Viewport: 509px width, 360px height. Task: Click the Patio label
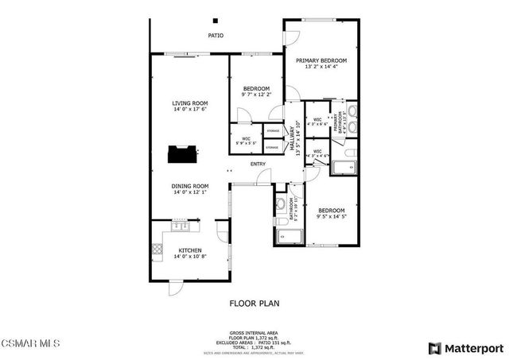click(x=216, y=36)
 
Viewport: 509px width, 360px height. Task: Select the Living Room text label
click(x=190, y=103)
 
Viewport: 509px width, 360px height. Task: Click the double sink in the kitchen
click(x=181, y=227)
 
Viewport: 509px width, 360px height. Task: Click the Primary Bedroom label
click(x=321, y=60)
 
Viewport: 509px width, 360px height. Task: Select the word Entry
click(x=258, y=165)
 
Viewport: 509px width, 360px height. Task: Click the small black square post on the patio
click(x=215, y=21)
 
